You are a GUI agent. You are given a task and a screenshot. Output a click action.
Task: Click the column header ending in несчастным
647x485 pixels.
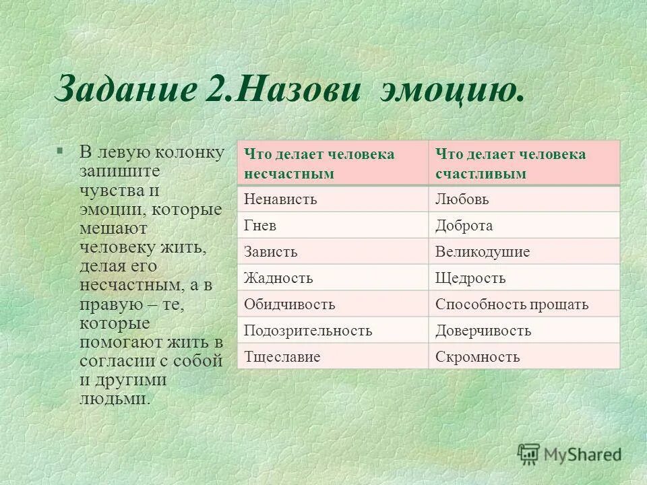pos(333,164)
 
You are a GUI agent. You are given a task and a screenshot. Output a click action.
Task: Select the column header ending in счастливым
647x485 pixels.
pos(524,164)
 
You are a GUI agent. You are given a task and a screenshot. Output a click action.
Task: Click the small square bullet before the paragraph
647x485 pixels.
pos(60,150)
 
